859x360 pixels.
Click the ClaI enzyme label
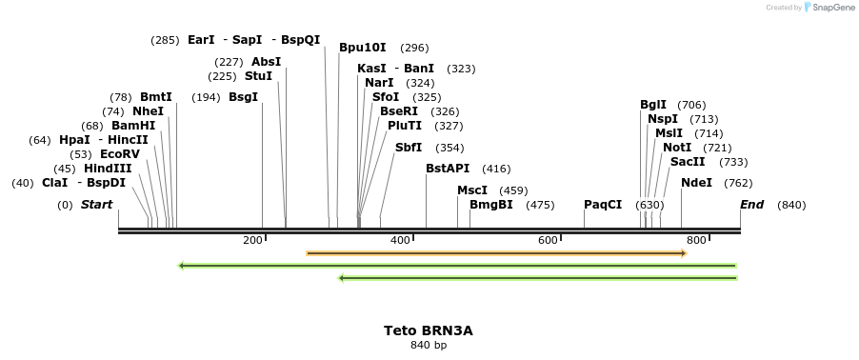tap(54, 183)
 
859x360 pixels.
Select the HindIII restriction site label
tap(108, 169)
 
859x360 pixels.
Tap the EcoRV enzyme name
tap(119, 154)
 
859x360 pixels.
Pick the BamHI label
tap(132, 126)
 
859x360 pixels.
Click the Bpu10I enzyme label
tap(363, 48)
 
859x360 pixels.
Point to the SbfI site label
tap(409, 148)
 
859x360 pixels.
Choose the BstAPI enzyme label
tap(448, 169)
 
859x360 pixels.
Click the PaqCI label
tap(603, 205)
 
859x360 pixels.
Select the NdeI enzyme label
tap(696, 183)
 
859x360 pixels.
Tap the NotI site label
tap(677, 148)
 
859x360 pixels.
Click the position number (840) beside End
tap(791, 205)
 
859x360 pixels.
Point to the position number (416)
tap(496, 169)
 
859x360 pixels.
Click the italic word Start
tap(96, 205)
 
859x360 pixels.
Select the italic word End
tap(751, 205)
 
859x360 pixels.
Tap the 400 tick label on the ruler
tap(400, 240)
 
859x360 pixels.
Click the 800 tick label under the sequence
tap(696, 240)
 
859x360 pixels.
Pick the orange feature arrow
tap(495, 253)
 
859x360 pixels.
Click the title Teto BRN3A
tap(428, 330)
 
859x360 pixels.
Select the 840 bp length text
tap(428, 345)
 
